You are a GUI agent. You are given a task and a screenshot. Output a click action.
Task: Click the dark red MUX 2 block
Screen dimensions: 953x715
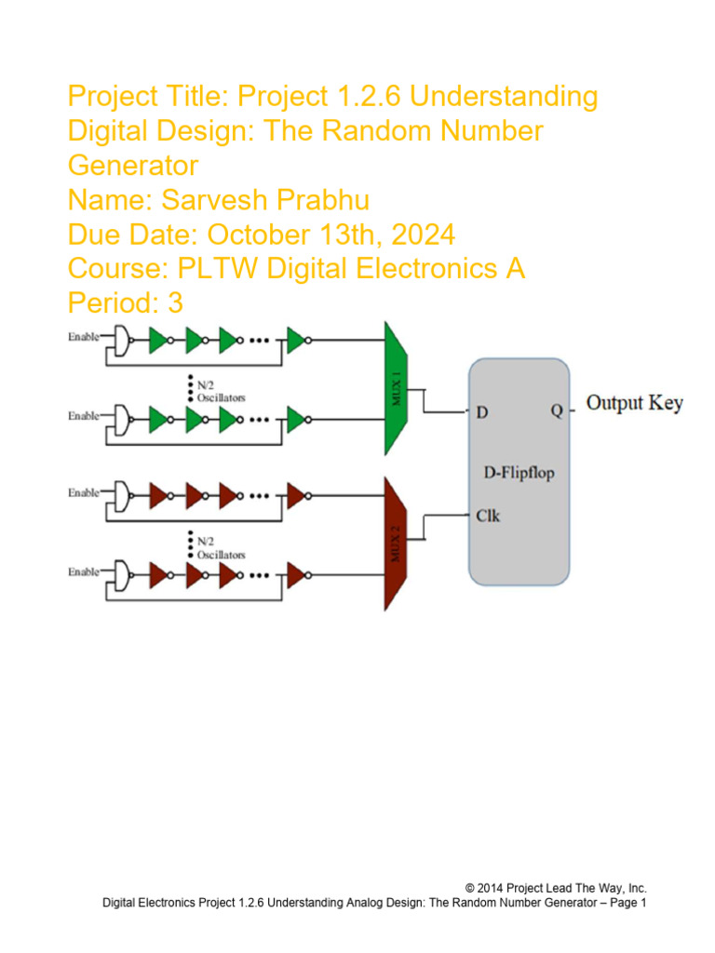click(398, 543)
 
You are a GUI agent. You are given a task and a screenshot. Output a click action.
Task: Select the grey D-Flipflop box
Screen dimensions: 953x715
click(519, 472)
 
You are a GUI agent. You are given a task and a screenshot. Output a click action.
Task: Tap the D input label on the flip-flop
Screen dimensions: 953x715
click(483, 410)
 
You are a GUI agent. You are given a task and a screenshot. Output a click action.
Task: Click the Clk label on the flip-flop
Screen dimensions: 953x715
click(488, 515)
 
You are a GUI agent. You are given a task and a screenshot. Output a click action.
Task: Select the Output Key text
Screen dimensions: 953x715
click(634, 403)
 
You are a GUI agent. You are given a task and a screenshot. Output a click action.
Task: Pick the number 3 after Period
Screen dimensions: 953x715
click(176, 303)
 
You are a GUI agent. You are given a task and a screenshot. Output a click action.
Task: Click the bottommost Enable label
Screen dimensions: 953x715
click(83, 572)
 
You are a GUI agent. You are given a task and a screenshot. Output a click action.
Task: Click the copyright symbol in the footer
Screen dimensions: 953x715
click(470, 888)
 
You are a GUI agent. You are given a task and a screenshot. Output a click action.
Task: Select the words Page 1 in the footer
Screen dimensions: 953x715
click(626, 903)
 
